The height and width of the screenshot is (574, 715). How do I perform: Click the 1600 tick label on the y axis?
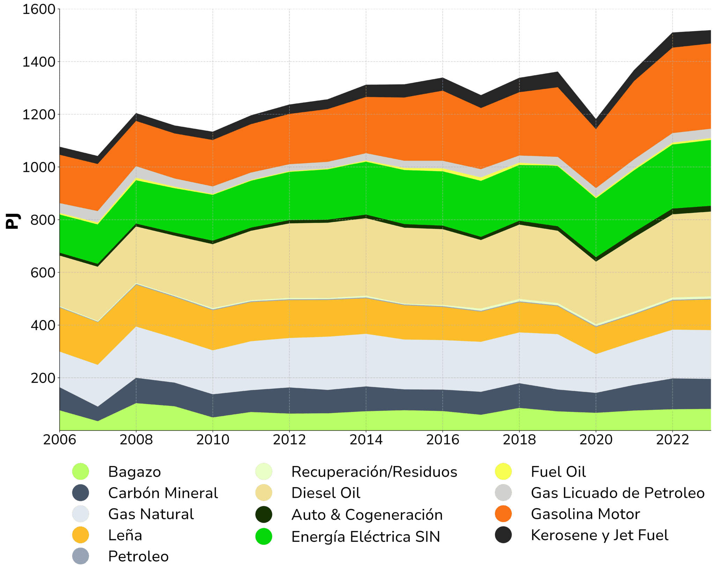39,9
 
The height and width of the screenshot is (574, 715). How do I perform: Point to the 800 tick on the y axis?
43,220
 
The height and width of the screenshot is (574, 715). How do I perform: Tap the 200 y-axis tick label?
43,378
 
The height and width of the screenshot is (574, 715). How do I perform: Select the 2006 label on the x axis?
60,439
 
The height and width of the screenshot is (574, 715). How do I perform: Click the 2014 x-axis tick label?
366,439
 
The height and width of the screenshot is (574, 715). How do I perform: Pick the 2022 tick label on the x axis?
672,439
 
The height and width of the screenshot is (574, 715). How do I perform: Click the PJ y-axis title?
13,221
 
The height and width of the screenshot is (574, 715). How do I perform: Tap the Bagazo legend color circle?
81,472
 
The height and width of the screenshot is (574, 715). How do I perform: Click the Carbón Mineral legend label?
163,493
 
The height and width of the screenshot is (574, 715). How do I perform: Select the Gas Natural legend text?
151,514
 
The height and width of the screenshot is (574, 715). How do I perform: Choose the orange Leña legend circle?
81,535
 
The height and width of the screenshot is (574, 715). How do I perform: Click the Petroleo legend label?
138,556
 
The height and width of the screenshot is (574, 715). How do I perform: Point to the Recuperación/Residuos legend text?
374,472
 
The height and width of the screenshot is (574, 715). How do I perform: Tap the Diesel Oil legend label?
326,493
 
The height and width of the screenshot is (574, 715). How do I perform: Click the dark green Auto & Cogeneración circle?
264,515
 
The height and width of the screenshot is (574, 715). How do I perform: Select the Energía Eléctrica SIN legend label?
366,537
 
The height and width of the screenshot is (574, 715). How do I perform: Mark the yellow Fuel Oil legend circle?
503,472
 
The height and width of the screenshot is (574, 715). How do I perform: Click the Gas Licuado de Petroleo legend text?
618,493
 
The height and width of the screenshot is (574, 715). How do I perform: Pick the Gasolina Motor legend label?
585,514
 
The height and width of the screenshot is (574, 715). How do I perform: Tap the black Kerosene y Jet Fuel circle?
503,535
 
